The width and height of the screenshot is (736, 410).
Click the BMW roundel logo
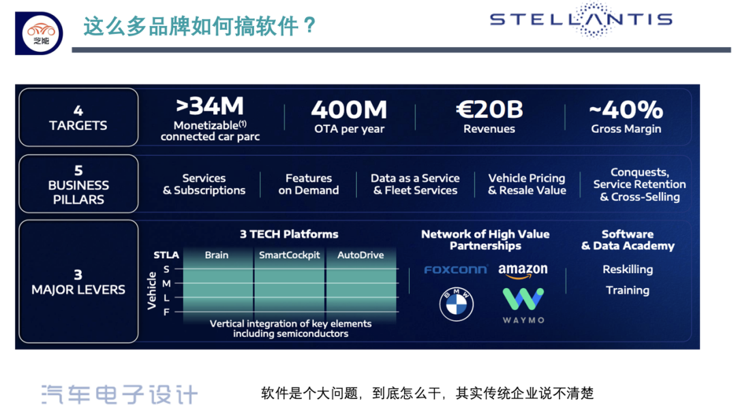456,304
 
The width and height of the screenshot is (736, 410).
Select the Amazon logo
523,270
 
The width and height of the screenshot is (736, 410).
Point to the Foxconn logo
455,270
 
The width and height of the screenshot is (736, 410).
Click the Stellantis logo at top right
581,19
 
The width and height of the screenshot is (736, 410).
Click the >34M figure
210,106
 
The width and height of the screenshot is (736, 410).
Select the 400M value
349,110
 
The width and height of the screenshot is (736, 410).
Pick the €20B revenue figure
489,110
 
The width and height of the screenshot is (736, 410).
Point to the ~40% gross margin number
626,110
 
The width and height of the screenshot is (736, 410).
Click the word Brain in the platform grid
217,255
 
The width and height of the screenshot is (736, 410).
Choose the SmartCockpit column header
289,255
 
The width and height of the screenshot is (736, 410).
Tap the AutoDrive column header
361,255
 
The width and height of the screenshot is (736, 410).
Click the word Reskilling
628,270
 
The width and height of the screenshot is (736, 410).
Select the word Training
628,290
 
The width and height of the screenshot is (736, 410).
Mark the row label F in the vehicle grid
166,312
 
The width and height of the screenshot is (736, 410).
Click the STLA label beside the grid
166,255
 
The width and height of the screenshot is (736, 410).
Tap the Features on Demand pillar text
309,185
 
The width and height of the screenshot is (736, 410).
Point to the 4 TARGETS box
78,117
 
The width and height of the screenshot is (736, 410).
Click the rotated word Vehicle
151,291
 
